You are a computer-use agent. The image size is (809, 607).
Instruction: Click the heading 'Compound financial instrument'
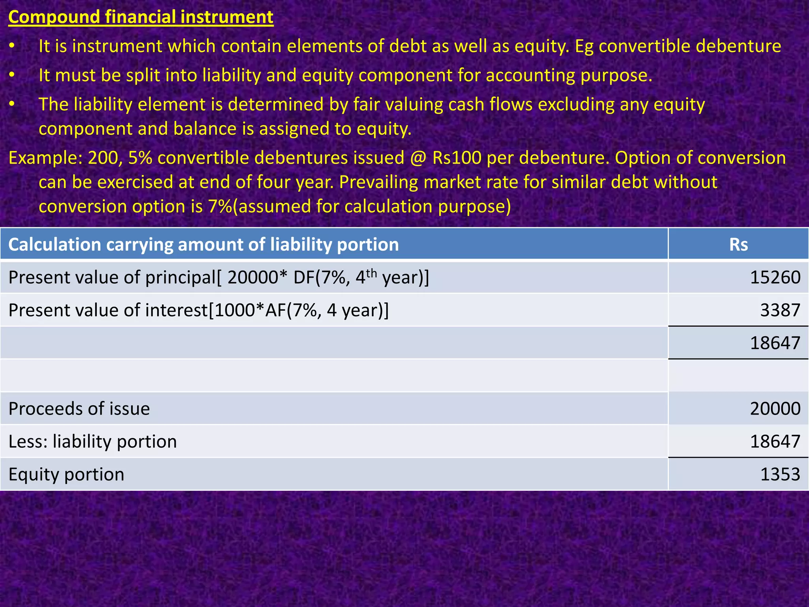tap(141, 17)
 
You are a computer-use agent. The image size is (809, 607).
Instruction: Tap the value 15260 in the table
tap(775, 277)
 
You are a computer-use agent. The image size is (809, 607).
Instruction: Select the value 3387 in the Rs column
tap(780, 310)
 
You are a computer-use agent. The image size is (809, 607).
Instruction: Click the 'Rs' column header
tap(738, 245)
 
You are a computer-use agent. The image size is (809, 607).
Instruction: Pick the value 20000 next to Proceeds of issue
tap(775, 409)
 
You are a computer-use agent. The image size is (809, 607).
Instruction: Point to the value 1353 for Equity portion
tap(780, 474)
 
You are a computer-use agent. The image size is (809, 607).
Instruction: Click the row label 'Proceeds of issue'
tap(79, 409)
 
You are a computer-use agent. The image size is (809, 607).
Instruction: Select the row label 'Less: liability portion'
tap(92, 441)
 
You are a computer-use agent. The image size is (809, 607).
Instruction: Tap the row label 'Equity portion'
tap(66, 474)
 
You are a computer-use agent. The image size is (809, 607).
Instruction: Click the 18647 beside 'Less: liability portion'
tap(775, 441)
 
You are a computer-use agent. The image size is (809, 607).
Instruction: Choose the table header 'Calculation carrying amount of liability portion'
tap(203, 245)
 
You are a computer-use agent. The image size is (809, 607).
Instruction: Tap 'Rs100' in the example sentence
tap(457, 158)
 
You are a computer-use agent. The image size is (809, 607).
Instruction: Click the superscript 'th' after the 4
tap(372, 273)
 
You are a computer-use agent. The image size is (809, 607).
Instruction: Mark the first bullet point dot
tap(12, 46)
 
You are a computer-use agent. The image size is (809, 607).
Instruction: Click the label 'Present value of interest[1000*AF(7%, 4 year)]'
tap(199, 310)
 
